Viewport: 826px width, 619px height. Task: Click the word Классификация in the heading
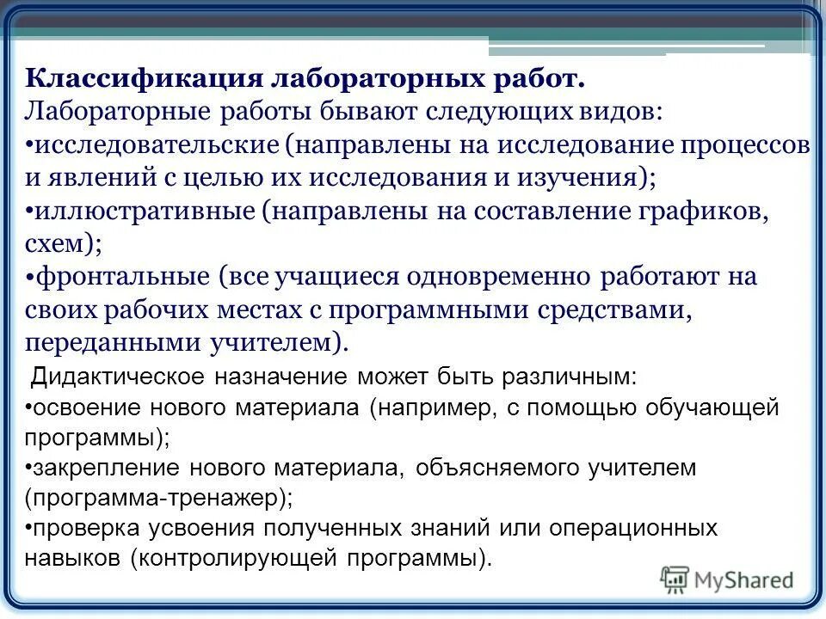(144, 79)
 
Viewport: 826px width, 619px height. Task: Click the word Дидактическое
(116, 377)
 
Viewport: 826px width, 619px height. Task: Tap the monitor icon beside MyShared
(675, 579)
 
